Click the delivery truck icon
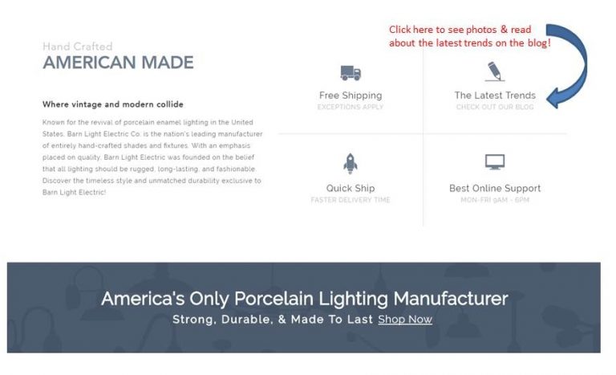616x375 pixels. pos(351,73)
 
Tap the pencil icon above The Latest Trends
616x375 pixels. pos(495,71)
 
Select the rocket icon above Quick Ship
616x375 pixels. pos(351,164)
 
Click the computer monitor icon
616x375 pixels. pos(495,162)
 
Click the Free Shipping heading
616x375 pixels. pos(351,96)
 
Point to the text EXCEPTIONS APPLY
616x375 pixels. pos(351,107)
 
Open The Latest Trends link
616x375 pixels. pos(495,96)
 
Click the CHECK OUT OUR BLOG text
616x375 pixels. pos(495,107)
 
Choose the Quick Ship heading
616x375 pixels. pos(351,189)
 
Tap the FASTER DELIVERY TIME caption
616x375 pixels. pos(351,200)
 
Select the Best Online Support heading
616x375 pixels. pos(495,189)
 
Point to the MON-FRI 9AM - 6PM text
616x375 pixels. pos(495,200)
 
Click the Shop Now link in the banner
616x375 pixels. pos(405,320)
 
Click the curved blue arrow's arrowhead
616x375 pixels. pos(556,99)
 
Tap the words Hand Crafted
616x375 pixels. pos(77,47)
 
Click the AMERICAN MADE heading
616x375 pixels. pos(118,63)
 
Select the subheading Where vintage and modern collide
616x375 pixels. pos(112,104)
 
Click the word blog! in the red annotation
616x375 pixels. pos(537,43)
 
